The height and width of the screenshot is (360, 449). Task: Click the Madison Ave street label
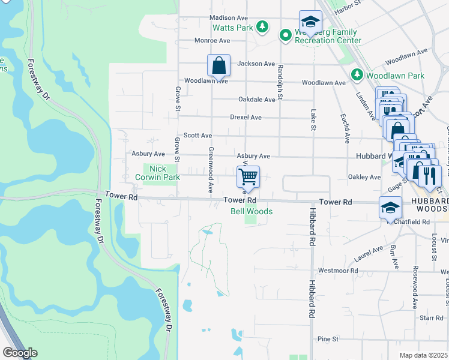pyautogui.click(x=229, y=18)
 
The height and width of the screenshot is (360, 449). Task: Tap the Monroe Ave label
pyautogui.click(x=212, y=41)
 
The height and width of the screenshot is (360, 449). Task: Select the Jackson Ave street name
pyautogui.click(x=256, y=64)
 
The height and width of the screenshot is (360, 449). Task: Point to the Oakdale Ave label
pyautogui.click(x=256, y=100)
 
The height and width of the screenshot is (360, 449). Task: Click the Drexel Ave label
pyautogui.click(x=246, y=117)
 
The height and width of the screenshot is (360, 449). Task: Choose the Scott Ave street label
pyautogui.click(x=197, y=136)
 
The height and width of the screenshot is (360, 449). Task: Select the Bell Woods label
pyautogui.click(x=252, y=212)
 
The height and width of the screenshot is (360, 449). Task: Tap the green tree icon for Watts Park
pyautogui.click(x=262, y=26)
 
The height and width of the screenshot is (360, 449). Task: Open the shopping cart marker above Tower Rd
pyautogui.click(x=248, y=177)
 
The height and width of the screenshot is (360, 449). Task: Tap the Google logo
pyautogui.click(x=20, y=353)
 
